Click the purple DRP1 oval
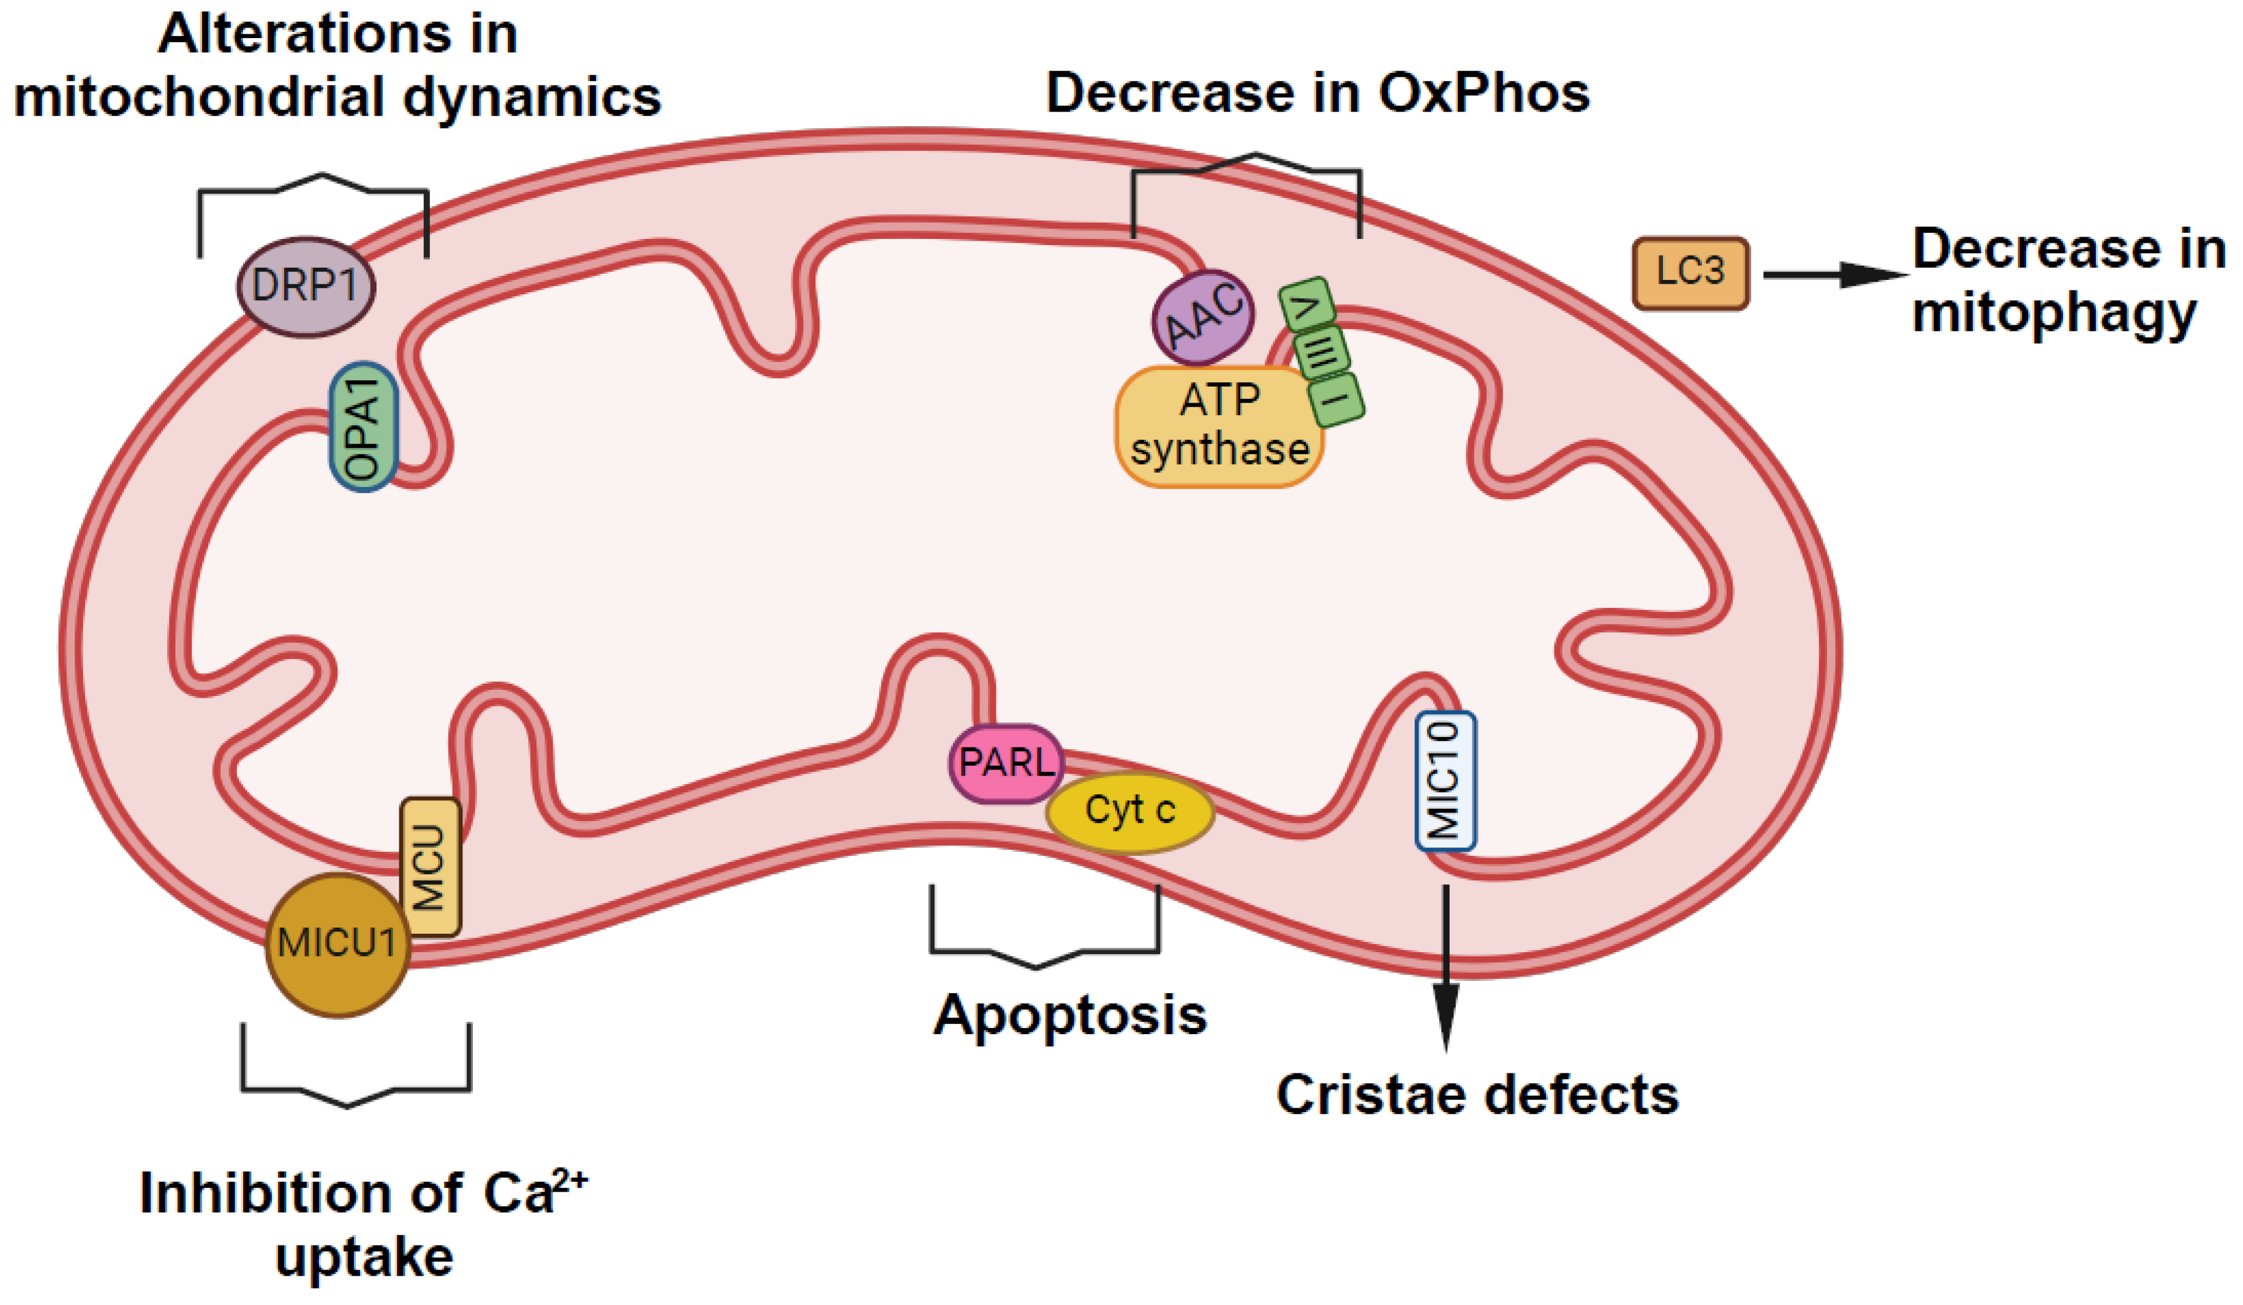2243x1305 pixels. pos(305,287)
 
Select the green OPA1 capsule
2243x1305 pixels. pos(363,426)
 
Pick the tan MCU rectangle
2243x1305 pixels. pos(430,866)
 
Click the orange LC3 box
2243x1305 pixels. pos(1691,273)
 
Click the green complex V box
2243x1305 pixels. pos(1306,305)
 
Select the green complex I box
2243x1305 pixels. pos(1336,399)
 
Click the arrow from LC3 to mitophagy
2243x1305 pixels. pos(1834,275)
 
